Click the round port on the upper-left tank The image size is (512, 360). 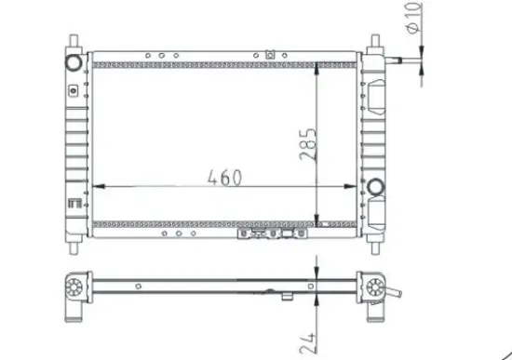(x=74, y=61)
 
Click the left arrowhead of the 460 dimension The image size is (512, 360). (x=100, y=188)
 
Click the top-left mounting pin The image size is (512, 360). (x=74, y=43)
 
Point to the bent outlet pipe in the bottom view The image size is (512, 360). (x=395, y=294)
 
